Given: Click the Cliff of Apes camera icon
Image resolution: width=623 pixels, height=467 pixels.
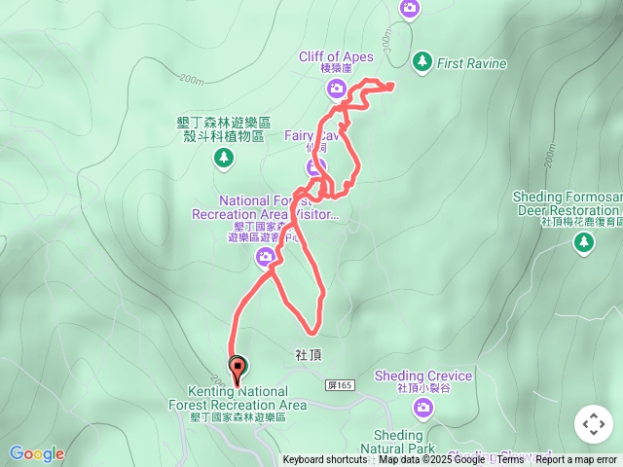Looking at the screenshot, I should tap(337, 90).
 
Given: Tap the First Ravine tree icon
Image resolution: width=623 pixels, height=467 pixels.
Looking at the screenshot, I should tap(421, 61).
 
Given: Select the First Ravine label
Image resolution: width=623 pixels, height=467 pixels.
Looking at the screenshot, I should tap(472, 64).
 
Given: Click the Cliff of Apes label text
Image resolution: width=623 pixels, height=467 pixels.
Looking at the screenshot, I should tap(336, 55).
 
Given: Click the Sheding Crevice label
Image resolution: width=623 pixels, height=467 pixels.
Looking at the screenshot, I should tap(423, 376).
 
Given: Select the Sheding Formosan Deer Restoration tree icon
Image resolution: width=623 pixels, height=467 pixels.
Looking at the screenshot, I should tap(584, 243).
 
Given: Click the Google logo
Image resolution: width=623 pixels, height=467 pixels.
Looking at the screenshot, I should tap(37, 453).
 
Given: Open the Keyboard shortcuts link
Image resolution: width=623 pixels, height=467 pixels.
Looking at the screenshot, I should tap(325, 460).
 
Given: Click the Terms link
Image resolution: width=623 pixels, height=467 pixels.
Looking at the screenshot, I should tap(510, 460).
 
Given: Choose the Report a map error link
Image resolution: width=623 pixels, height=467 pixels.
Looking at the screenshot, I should tap(576, 460).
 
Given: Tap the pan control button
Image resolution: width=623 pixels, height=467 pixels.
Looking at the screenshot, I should tap(593, 424).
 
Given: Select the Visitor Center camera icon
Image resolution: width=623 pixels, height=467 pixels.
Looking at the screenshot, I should tap(265, 257).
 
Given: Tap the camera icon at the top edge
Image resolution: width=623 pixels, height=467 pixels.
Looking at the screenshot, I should tap(410, 9).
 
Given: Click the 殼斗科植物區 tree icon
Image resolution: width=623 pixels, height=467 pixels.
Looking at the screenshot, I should tap(224, 157).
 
